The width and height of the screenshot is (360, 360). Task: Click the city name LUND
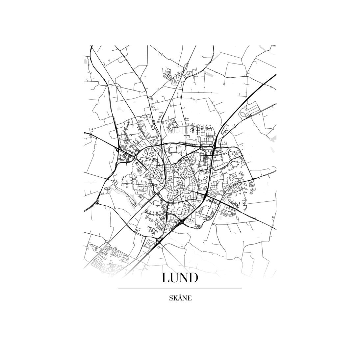[180, 277]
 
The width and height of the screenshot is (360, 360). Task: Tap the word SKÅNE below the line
[180, 298]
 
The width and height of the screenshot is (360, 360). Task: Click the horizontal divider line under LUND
[180, 288]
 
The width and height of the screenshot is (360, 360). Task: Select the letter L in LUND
[166, 277]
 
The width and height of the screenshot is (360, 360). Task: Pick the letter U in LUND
[175, 277]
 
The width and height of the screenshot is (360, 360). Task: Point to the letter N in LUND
[184, 277]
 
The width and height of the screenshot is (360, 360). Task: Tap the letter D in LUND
[193, 277]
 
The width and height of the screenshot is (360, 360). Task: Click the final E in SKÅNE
[189, 299]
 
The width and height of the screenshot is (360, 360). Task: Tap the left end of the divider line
[118, 288]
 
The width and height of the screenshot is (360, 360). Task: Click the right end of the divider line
[241, 288]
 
